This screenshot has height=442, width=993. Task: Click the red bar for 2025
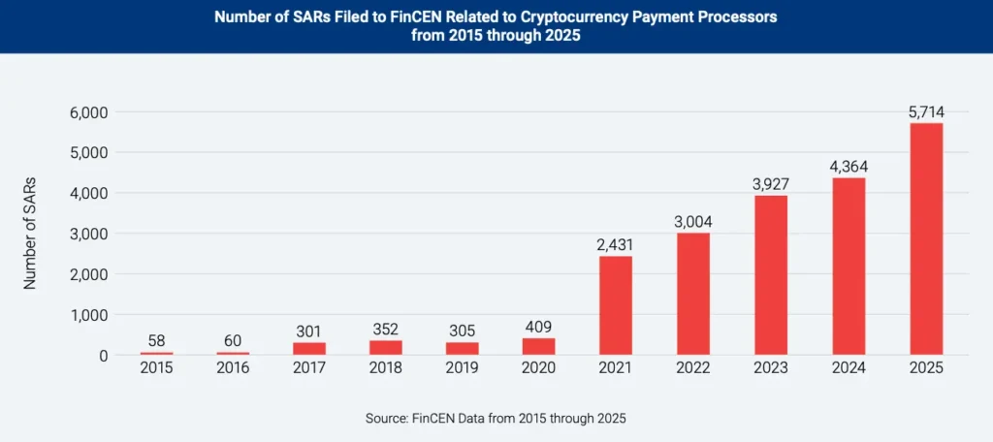(926, 238)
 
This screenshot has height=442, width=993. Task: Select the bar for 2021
(617, 305)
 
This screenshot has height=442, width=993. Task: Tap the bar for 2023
(771, 275)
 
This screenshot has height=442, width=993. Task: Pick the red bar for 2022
(694, 294)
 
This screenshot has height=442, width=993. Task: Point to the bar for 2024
(849, 267)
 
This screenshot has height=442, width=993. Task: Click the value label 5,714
(926, 111)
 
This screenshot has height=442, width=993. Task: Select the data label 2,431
(617, 244)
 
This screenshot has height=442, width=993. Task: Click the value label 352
(385, 329)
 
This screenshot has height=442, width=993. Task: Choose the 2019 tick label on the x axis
(463, 368)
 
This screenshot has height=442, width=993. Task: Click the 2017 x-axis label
(308, 368)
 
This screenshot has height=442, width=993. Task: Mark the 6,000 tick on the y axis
(88, 112)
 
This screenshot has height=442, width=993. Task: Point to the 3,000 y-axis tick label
(88, 234)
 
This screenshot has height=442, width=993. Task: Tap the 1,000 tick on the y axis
(88, 315)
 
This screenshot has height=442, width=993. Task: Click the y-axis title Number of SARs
(30, 234)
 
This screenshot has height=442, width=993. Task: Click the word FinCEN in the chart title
(407, 18)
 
